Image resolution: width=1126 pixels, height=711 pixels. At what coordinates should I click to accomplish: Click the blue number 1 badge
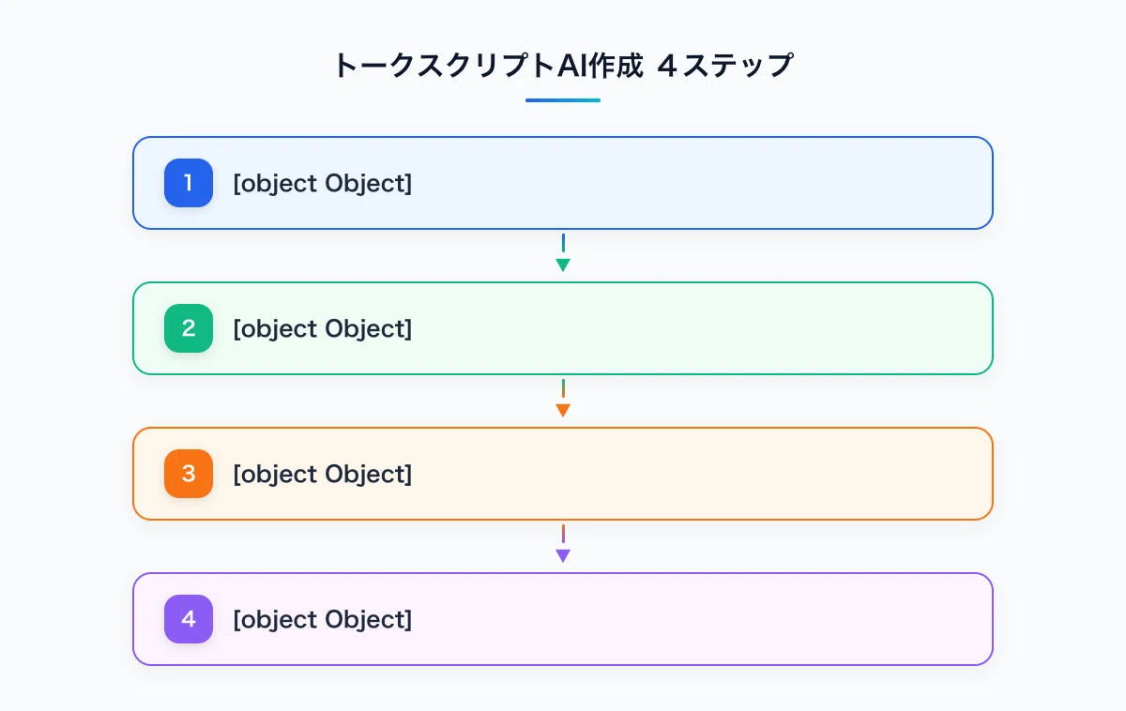pyautogui.click(x=189, y=183)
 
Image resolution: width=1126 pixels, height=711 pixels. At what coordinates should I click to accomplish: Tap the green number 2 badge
pyautogui.click(x=189, y=328)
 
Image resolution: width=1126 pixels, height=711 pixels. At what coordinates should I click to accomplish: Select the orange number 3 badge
pyautogui.click(x=189, y=474)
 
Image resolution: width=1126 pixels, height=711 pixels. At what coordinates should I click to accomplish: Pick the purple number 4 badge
pyautogui.click(x=189, y=619)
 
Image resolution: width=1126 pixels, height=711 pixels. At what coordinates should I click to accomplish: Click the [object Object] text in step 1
pyautogui.click(x=323, y=184)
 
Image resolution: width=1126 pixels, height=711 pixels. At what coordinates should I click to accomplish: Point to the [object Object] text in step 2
pyautogui.click(x=323, y=329)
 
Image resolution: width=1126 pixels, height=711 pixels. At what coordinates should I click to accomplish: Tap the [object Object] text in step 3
pyautogui.click(x=323, y=475)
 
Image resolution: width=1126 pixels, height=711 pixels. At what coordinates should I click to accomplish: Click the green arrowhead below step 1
pyautogui.click(x=563, y=265)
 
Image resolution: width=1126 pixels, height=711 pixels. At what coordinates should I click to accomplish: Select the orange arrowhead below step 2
pyautogui.click(x=563, y=410)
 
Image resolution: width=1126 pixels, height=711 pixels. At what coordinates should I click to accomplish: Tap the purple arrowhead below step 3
pyautogui.click(x=563, y=555)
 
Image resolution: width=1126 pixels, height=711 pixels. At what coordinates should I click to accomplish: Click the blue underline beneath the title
pyautogui.click(x=563, y=100)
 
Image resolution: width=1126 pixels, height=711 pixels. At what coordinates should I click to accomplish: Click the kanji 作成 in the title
pyautogui.click(x=616, y=66)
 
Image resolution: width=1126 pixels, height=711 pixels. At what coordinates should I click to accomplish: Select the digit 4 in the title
pyautogui.click(x=667, y=66)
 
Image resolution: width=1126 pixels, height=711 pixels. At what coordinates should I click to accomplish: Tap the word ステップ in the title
pyautogui.click(x=738, y=66)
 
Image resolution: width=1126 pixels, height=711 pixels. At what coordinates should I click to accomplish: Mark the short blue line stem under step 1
pyautogui.click(x=563, y=243)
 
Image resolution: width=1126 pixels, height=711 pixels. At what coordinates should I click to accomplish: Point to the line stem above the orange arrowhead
pyautogui.click(x=563, y=388)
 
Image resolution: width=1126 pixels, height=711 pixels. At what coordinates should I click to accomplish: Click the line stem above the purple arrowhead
pyautogui.click(x=563, y=534)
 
